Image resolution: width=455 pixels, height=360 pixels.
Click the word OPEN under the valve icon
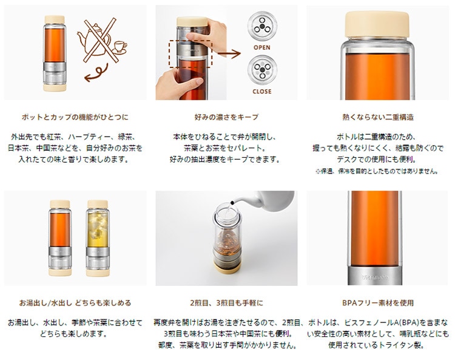(x=261, y=47)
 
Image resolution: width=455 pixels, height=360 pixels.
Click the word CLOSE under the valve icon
(x=261, y=92)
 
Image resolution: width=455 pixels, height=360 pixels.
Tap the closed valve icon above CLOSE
(x=261, y=68)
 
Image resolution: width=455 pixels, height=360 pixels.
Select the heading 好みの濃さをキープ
(x=225, y=116)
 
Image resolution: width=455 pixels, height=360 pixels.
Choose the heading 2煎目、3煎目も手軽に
(x=225, y=302)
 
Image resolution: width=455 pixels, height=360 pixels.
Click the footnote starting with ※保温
(x=377, y=171)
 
